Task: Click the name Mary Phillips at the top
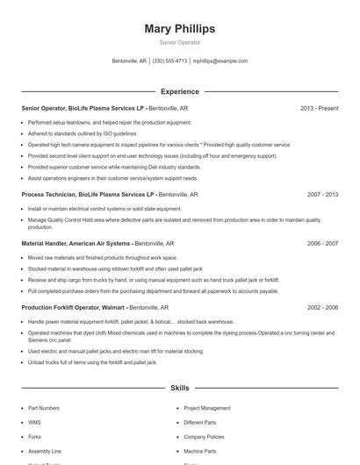pyautogui.click(x=179, y=28)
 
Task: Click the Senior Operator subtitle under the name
pyautogui.click(x=179, y=42)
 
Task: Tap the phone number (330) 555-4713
pyautogui.click(x=169, y=61)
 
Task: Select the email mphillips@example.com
pyautogui.click(x=220, y=61)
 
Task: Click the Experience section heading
pyautogui.click(x=179, y=91)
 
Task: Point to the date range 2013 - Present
pyautogui.click(x=319, y=108)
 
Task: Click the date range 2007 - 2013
pyautogui.click(x=322, y=194)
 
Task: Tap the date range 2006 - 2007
pyautogui.click(x=322, y=243)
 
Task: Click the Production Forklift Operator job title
pyautogui.click(x=74, y=308)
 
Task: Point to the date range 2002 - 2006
pyautogui.click(x=322, y=308)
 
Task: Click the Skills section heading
pyautogui.click(x=179, y=387)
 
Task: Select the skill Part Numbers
pyautogui.click(x=44, y=408)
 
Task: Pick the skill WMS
pyautogui.click(x=34, y=422)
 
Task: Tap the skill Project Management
pyautogui.click(x=206, y=408)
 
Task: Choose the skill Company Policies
pyautogui.click(x=204, y=436)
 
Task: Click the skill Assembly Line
pyautogui.click(x=45, y=450)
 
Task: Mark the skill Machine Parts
pyautogui.click(x=200, y=450)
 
